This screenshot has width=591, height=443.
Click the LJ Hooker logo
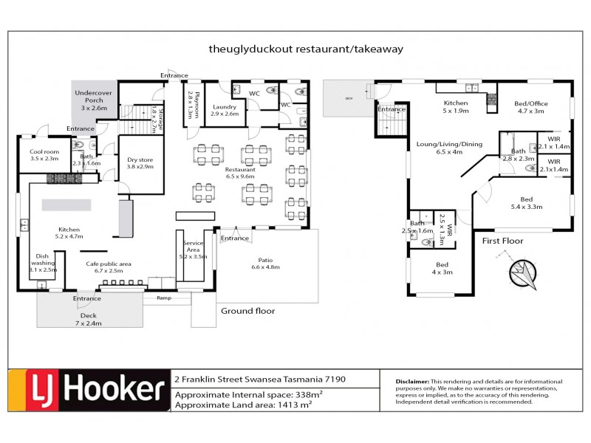(x=88, y=390)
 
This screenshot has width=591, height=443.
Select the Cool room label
(x=44, y=154)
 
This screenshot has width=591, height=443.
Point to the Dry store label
(x=139, y=162)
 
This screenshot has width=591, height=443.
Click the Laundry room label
(x=225, y=110)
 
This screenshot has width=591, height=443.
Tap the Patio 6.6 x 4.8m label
(x=264, y=262)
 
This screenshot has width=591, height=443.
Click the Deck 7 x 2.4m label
(x=88, y=319)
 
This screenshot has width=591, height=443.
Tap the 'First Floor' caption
(x=503, y=241)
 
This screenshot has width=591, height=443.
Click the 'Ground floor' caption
(x=247, y=311)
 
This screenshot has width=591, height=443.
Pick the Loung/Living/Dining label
(x=448, y=148)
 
